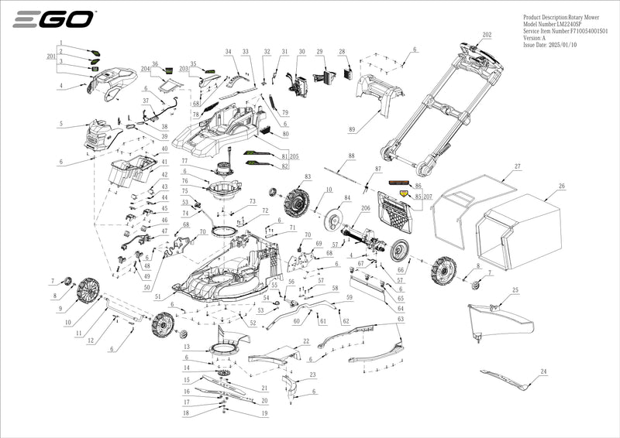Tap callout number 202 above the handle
[x=487, y=35]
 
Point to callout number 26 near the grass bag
[x=562, y=186]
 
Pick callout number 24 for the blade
[x=543, y=372]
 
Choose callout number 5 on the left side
[x=60, y=124]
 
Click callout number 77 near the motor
[x=185, y=161]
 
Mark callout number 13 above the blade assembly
[x=186, y=347]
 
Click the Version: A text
[x=535, y=38]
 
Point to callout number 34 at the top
[x=228, y=51]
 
